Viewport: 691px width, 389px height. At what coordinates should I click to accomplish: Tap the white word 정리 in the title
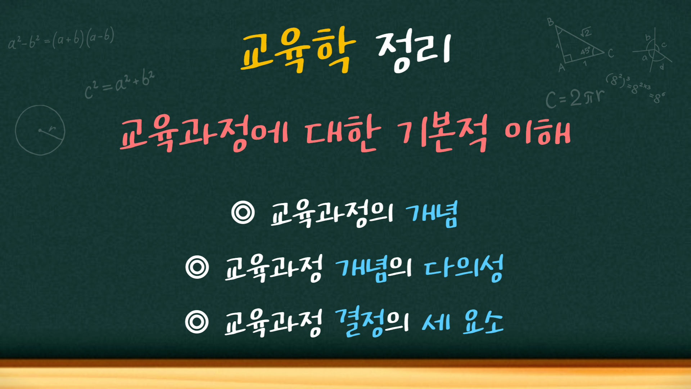click(x=414, y=51)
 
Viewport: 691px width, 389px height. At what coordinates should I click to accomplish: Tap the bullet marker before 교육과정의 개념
click(x=243, y=213)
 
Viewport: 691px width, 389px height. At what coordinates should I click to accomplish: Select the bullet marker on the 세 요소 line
click(x=197, y=321)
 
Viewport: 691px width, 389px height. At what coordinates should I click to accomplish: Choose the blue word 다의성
click(x=464, y=268)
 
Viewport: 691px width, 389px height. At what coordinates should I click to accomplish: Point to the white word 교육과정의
click(x=331, y=214)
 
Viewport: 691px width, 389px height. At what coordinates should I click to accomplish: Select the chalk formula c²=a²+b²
click(x=119, y=84)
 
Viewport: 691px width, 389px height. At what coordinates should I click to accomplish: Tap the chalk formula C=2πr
click(x=574, y=98)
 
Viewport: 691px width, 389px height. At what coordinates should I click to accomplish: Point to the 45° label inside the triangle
click(x=586, y=51)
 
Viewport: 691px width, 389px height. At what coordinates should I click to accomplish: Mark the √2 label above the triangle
click(x=586, y=32)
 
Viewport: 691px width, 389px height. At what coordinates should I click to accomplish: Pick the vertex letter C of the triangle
click(x=611, y=54)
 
